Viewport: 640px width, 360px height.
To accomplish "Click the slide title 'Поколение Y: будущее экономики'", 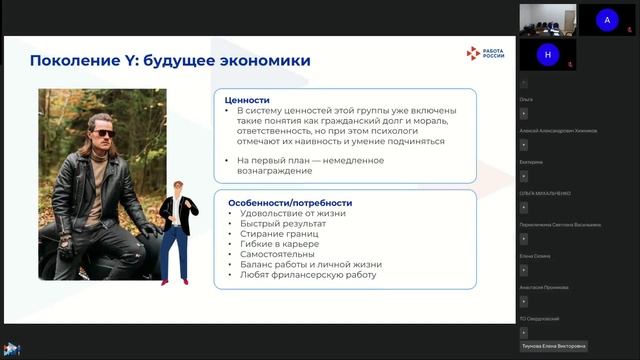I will [170, 60].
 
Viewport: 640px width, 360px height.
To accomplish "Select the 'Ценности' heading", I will [248, 100].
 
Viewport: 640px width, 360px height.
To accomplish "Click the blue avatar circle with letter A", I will [606, 19].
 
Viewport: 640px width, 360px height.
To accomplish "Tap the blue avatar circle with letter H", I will [547, 54].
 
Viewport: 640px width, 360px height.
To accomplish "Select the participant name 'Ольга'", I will [526, 100].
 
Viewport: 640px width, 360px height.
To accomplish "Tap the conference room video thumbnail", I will [546, 18].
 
